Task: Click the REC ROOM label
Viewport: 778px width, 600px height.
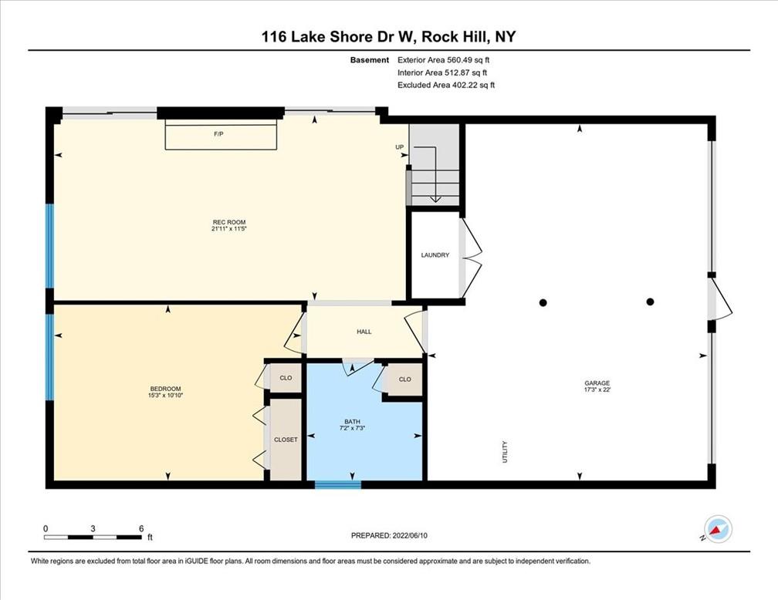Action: (228, 222)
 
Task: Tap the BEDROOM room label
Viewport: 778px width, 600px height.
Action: (165, 389)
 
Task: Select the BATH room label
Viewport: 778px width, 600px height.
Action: (352, 422)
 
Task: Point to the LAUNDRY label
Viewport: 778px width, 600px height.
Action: (435, 254)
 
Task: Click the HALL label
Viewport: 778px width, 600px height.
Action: (364, 332)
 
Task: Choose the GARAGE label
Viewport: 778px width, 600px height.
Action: (597, 383)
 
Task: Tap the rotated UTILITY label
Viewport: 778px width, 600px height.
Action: (505, 452)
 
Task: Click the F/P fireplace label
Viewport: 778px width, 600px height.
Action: (218, 134)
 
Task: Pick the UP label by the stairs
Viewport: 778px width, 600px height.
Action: (400, 147)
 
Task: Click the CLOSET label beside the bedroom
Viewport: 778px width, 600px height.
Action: (286, 440)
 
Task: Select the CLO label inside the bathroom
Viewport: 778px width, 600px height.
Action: (405, 379)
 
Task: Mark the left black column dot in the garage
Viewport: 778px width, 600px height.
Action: (543, 302)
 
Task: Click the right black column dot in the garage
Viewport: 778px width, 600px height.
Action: (650, 302)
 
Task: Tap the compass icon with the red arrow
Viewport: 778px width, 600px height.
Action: (718, 529)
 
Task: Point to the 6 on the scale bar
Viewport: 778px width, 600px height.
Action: (141, 528)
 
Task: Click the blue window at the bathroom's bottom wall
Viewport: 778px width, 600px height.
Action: (338, 484)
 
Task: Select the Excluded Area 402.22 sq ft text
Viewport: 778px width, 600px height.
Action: (446, 85)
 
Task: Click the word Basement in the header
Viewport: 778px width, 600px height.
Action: (370, 60)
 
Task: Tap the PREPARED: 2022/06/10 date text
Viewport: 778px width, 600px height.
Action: (389, 535)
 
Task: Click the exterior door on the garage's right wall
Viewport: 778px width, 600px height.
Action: (719, 301)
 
